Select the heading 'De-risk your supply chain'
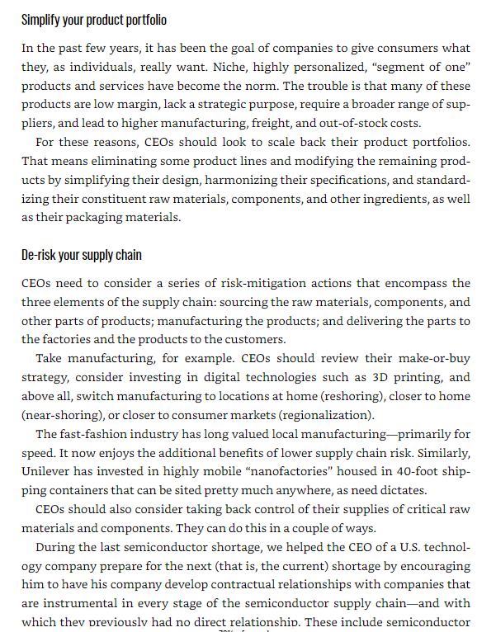(x=82, y=255)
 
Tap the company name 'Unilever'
(x=49, y=471)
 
